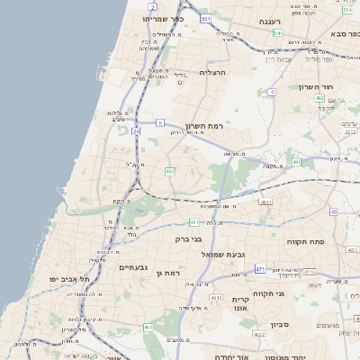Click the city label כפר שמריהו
(163, 18)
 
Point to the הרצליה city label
(216, 71)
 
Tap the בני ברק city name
(188, 239)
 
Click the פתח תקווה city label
(305, 241)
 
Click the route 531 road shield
(206, 18)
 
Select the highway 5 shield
(159, 121)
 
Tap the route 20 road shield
(136, 131)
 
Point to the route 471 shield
(260, 269)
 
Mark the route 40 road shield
(333, 211)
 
